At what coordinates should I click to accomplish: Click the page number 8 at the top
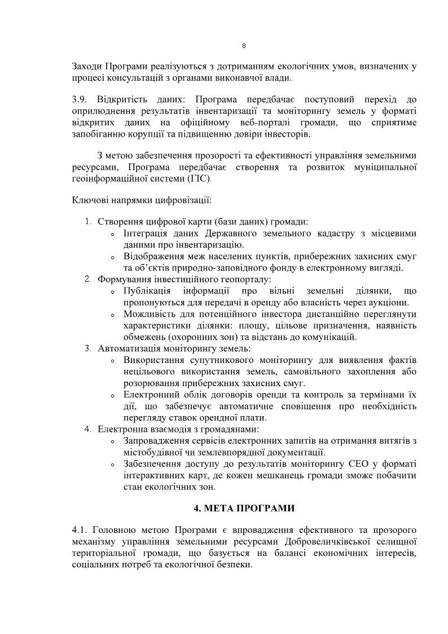tap(243, 46)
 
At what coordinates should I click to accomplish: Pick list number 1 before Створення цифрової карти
tap(88, 221)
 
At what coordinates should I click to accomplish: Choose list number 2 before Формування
tap(88, 279)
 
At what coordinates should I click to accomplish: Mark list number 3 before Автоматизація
tap(88, 348)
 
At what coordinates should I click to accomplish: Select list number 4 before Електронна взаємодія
tap(88, 429)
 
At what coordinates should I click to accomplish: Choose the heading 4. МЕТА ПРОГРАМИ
tap(244, 508)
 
